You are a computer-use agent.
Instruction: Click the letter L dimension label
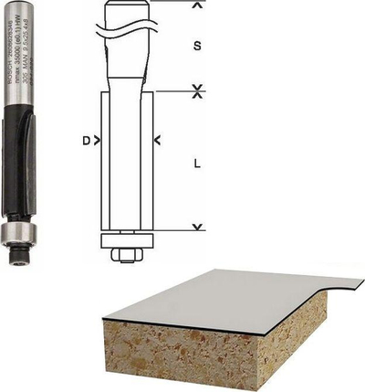tap(198, 164)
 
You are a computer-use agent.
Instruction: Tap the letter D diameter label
tap(86, 141)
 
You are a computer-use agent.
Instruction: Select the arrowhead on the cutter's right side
tap(157, 141)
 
